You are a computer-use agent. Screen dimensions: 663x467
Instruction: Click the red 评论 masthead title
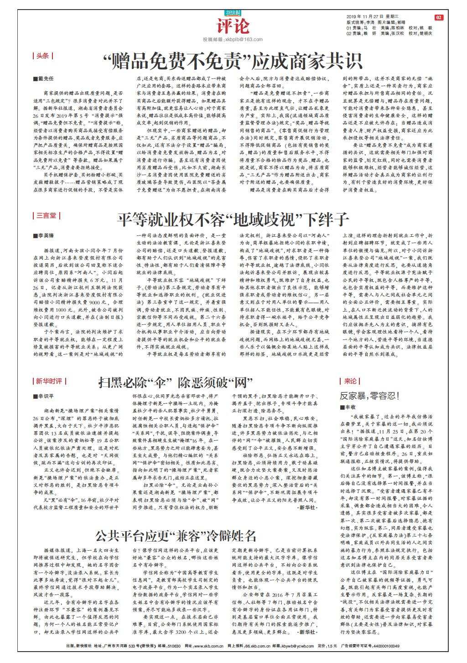pos(233,26)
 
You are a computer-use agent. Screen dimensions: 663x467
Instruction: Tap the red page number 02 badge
pos(438,17)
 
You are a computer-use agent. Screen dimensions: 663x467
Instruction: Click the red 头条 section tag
pos(42,56)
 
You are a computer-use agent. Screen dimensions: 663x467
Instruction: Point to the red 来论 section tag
pos(350,381)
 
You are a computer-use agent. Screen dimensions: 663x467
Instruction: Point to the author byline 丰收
pos(348,406)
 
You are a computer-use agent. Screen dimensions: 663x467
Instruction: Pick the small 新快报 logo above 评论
pos(233,13)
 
